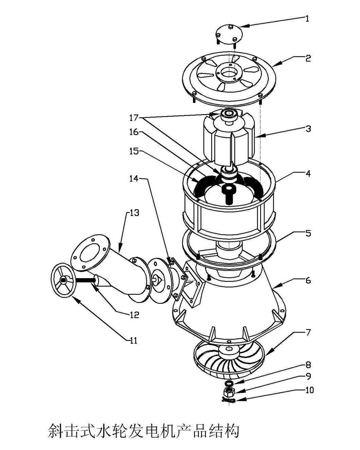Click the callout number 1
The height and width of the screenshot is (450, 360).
click(307, 19)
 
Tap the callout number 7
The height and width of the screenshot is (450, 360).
click(308, 332)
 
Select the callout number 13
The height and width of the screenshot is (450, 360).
click(134, 213)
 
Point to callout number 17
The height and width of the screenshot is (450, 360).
click(134, 118)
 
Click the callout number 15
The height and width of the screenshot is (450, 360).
click(134, 151)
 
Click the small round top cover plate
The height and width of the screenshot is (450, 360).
click(229, 34)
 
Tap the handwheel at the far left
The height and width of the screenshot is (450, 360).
click(64, 280)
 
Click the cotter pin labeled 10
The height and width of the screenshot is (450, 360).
click(229, 400)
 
